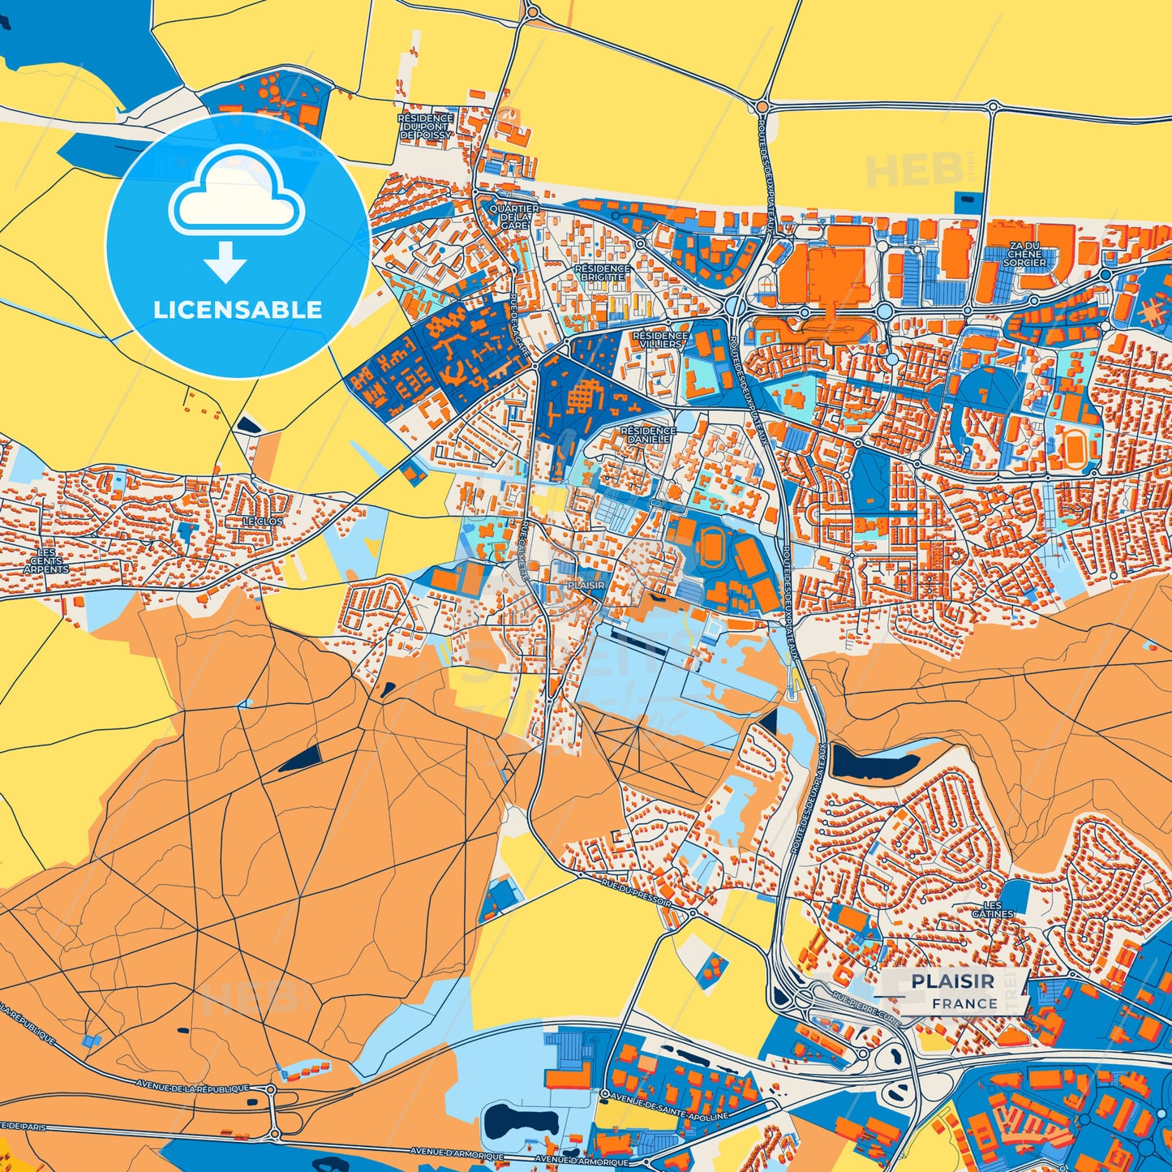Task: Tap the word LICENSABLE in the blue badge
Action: point(238,310)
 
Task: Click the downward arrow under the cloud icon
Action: point(225,262)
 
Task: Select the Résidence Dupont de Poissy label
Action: point(425,127)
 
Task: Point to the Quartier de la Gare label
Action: point(513,217)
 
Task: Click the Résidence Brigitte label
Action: point(602,273)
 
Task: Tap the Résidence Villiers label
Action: point(659,339)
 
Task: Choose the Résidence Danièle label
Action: point(648,435)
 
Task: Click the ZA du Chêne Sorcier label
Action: point(1024,254)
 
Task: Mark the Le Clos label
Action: point(263,521)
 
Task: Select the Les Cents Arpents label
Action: point(46,560)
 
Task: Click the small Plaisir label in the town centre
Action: point(586,585)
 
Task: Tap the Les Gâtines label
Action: point(993,909)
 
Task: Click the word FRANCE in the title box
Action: point(964,1003)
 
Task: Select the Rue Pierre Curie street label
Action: point(866,1011)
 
